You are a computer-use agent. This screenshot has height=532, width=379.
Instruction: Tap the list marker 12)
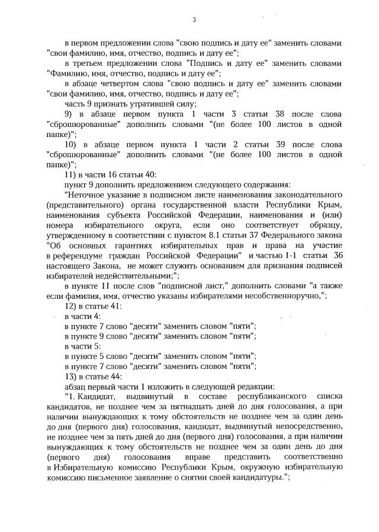71,305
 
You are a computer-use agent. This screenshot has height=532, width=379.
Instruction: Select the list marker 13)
71,376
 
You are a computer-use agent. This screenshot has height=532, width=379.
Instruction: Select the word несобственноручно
282,295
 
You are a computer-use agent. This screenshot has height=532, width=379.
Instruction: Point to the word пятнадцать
163,407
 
